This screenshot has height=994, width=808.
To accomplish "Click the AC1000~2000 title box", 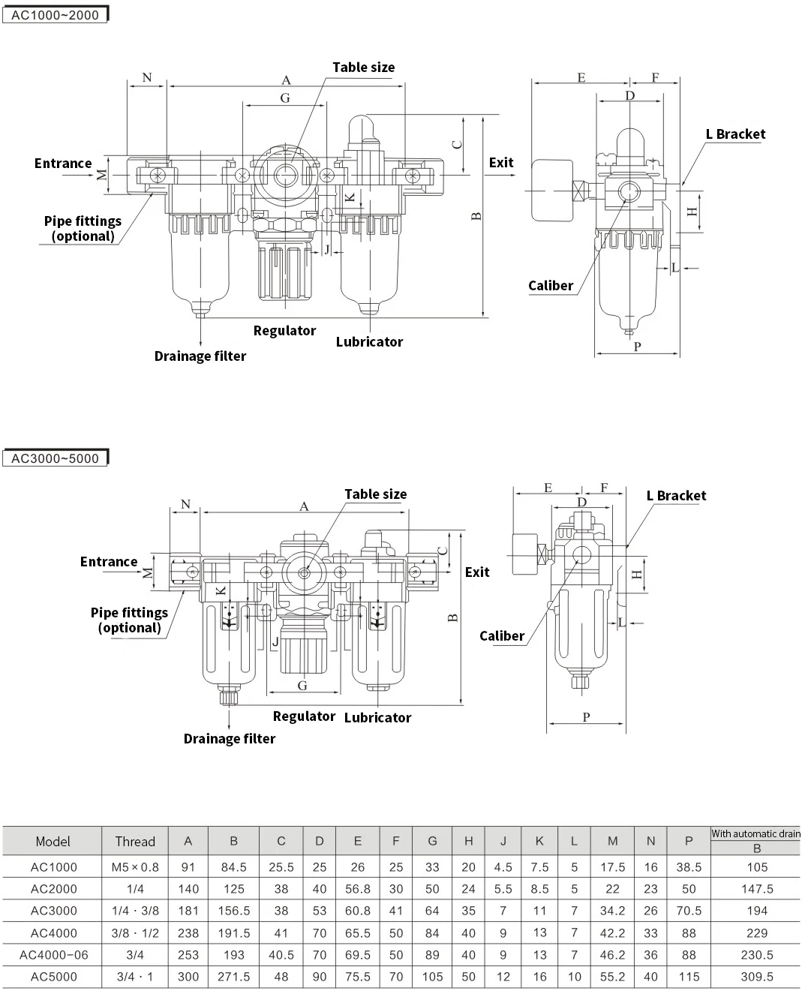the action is pyautogui.click(x=55, y=14).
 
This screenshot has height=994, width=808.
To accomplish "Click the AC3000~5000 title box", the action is pyautogui.click(x=55, y=458).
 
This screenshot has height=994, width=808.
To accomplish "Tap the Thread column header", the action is pyautogui.click(x=135, y=842).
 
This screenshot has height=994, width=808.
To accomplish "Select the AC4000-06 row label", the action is pyautogui.click(x=54, y=955).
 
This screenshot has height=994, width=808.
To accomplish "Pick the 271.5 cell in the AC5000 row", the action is pyautogui.click(x=234, y=977).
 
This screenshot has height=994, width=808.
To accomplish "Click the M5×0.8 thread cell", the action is pyautogui.click(x=135, y=867).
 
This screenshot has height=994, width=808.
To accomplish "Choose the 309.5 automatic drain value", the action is pyautogui.click(x=757, y=977).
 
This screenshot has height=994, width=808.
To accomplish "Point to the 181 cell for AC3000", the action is pyautogui.click(x=188, y=911).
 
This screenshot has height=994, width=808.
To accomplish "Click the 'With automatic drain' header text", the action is pyautogui.click(x=755, y=833).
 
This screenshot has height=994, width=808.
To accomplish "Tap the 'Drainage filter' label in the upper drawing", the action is pyautogui.click(x=200, y=356).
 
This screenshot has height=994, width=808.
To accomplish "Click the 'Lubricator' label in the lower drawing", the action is pyautogui.click(x=377, y=717).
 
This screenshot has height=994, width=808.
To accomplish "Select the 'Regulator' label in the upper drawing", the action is pyautogui.click(x=284, y=330).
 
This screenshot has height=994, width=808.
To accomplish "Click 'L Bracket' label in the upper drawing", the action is pyautogui.click(x=736, y=134).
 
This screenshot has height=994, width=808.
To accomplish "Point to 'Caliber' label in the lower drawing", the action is pyautogui.click(x=502, y=635).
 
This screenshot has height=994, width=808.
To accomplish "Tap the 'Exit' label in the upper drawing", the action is pyautogui.click(x=501, y=162).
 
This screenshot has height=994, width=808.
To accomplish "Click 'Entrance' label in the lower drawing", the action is pyautogui.click(x=109, y=561).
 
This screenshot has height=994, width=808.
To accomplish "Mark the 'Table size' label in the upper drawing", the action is pyautogui.click(x=363, y=68).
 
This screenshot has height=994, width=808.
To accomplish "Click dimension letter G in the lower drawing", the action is pyautogui.click(x=302, y=686).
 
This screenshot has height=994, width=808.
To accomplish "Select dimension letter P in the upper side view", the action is pyautogui.click(x=637, y=347).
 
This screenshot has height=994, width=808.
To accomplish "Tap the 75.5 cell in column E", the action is pyautogui.click(x=357, y=977).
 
